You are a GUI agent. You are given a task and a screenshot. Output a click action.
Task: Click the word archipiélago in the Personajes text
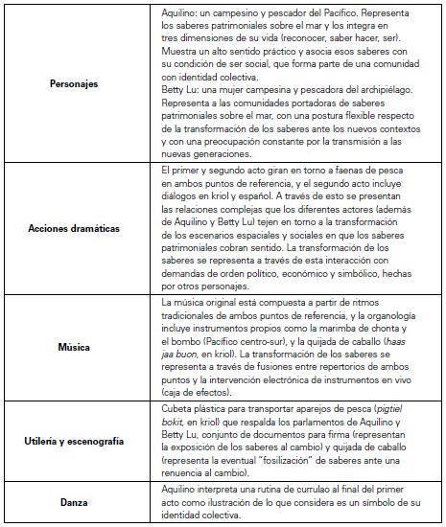click(x=380, y=113)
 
